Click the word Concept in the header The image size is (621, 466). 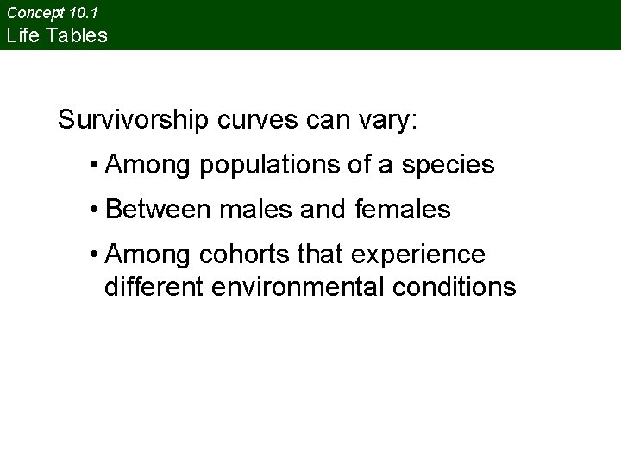[x=34, y=13]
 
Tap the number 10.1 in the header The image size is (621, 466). [x=88, y=13]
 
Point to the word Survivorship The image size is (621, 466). [x=132, y=120]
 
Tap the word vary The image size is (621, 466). [x=387, y=120]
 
